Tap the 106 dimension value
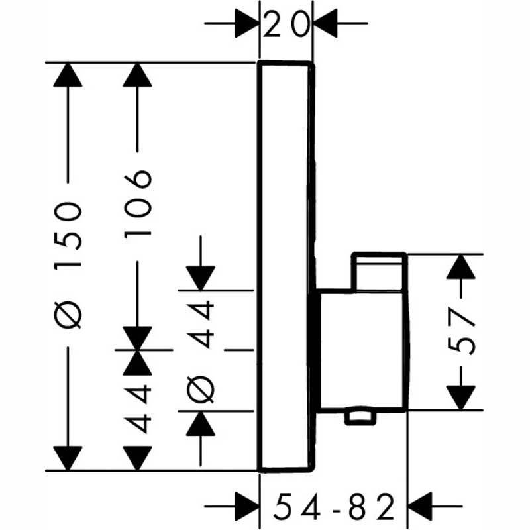[138, 205]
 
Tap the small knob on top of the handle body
[379, 270]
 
